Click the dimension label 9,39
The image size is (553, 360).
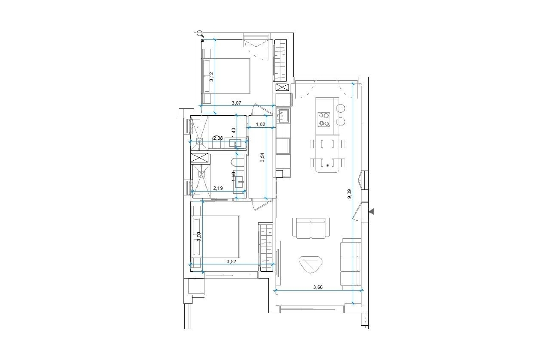click(x=349, y=194)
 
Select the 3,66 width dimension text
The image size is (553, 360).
click(x=318, y=287)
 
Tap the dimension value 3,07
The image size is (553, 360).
click(x=237, y=103)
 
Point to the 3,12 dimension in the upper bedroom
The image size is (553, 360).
click(x=211, y=77)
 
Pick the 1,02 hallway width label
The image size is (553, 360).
click(x=261, y=125)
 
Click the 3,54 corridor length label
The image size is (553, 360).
click(x=263, y=158)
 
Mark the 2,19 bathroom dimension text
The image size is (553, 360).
click(x=218, y=188)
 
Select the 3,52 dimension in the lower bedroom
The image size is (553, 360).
click(x=231, y=261)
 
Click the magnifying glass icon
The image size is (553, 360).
click(x=200, y=34)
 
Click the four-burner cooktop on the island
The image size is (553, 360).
click(x=323, y=119)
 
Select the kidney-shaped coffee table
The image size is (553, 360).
click(x=310, y=264)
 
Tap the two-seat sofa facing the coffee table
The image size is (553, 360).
click(x=311, y=228)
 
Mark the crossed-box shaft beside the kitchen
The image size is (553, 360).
click(x=283, y=87)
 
